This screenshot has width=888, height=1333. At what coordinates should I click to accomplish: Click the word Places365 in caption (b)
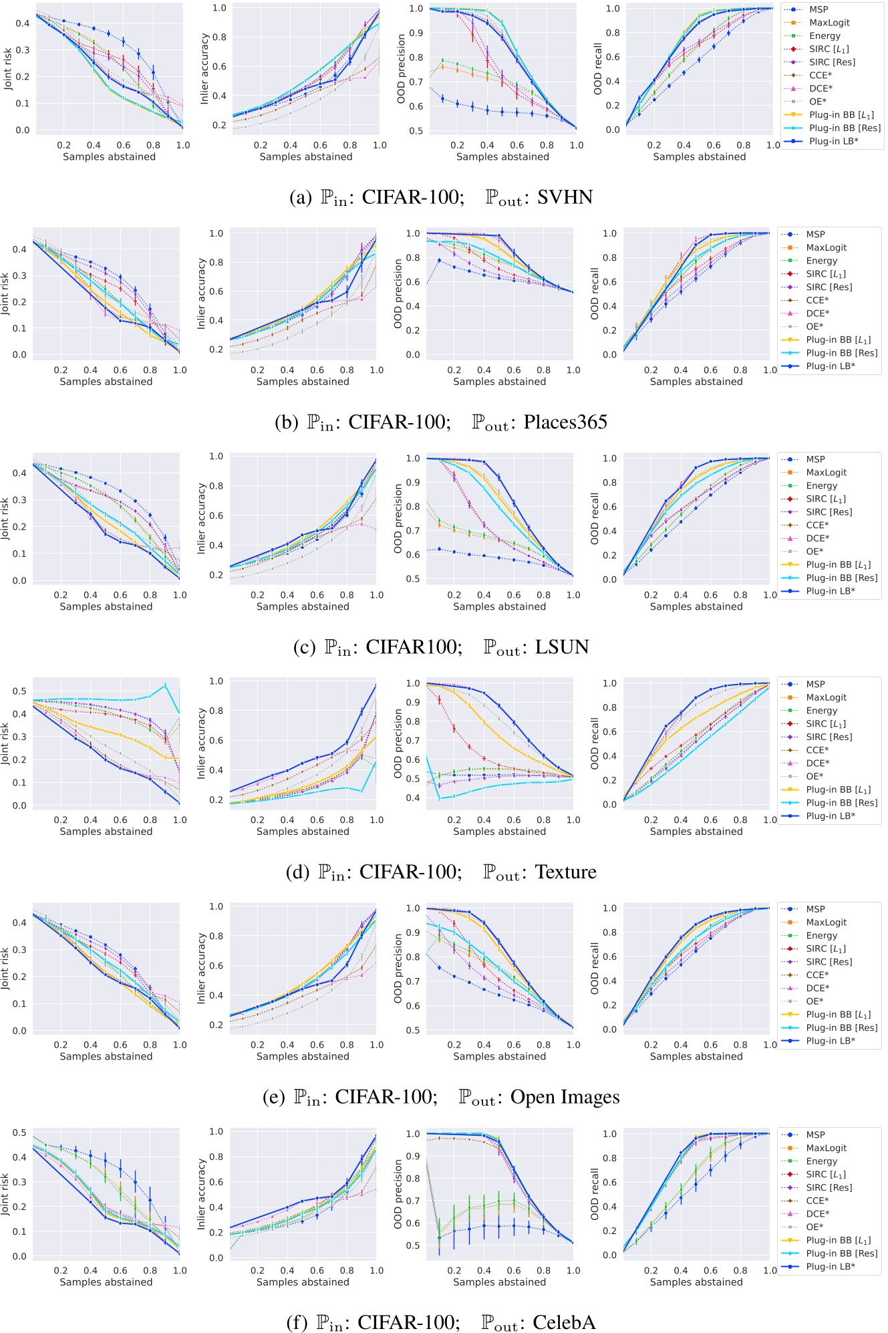coord(565,422)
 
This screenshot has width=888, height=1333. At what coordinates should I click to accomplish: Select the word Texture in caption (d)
coord(565,872)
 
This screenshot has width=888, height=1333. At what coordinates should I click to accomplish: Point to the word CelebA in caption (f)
coord(564,1322)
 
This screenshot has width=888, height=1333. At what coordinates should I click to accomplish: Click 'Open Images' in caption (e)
coord(565,1097)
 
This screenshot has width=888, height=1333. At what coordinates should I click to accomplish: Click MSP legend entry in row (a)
coord(819,9)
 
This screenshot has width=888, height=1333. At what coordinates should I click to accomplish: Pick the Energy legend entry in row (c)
coord(821,485)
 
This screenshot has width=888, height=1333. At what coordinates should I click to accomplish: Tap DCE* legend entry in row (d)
coord(817,763)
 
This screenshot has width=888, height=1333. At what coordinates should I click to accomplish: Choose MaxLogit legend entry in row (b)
coord(826,247)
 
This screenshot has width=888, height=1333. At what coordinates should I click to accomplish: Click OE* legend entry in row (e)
coord(814,1001)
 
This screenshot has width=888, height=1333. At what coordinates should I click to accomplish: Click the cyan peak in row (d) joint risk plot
coord(165,685)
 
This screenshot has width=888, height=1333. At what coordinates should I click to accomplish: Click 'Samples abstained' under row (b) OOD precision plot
coord(499,382)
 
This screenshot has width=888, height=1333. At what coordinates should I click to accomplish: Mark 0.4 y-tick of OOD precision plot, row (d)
coord(416,798)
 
